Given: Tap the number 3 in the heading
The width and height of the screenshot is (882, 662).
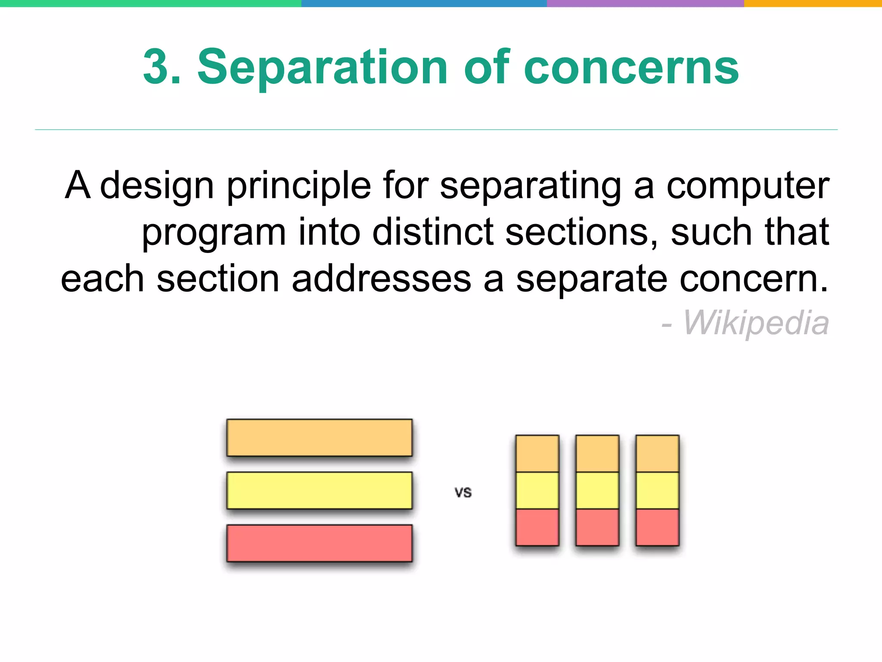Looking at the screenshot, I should pos(156,68).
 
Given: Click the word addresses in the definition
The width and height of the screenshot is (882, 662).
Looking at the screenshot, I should pos(381,279).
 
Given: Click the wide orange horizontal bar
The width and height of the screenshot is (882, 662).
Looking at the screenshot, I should pos(319,437).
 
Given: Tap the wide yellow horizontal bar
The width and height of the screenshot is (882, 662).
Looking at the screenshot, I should pos(319,490).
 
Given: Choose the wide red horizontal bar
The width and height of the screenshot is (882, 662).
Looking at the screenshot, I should pos(319,543).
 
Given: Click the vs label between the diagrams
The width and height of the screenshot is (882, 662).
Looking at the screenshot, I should pos(463,492).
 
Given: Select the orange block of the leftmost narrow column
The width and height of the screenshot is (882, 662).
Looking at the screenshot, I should pos(537,453).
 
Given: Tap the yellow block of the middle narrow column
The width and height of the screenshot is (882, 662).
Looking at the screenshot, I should pos(597,490).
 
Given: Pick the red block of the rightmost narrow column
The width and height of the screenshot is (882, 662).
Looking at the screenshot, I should pos(657,527).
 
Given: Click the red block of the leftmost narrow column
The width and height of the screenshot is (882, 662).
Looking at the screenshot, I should pos(537,527).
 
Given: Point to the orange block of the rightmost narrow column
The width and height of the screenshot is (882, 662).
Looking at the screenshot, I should pos(657,453).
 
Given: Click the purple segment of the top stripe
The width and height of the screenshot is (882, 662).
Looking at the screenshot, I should pos(645,3).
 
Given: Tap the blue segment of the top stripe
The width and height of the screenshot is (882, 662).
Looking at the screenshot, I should pos(424,3).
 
